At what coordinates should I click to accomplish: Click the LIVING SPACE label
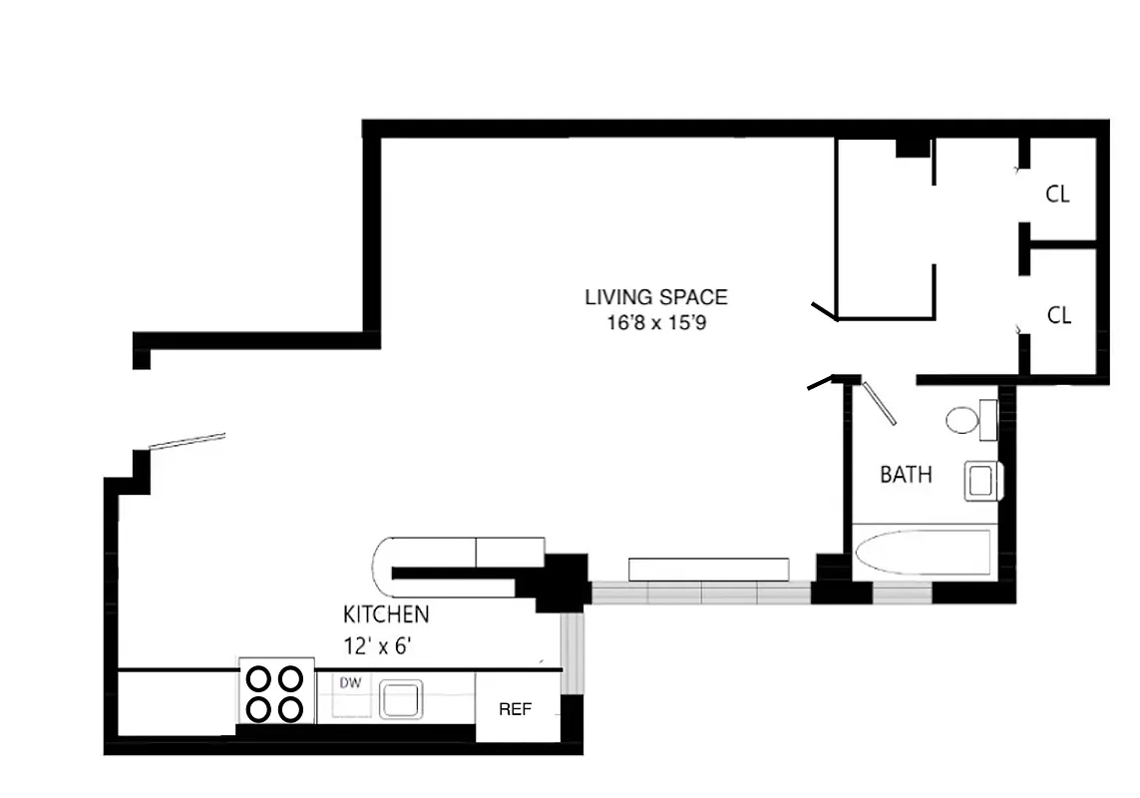point(655,297)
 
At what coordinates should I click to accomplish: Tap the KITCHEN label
point(386,614)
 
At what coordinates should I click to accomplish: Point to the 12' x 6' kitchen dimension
point(378,645)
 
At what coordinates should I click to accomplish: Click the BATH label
point(906,475)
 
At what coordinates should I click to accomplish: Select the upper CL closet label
point(1057,195)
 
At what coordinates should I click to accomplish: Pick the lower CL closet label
point(1058,315)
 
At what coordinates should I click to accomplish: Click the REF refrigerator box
point(515,709)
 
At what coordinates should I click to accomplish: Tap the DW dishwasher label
point(350,683)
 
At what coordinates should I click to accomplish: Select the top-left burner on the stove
point(259,679)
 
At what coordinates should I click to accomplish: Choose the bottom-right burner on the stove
point(290,709)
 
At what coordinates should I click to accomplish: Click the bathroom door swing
point(880,404)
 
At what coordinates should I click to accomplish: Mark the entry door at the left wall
point(187,440)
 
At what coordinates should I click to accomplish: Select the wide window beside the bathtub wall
point(700,594)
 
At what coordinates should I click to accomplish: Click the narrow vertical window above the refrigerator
point(571,653)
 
